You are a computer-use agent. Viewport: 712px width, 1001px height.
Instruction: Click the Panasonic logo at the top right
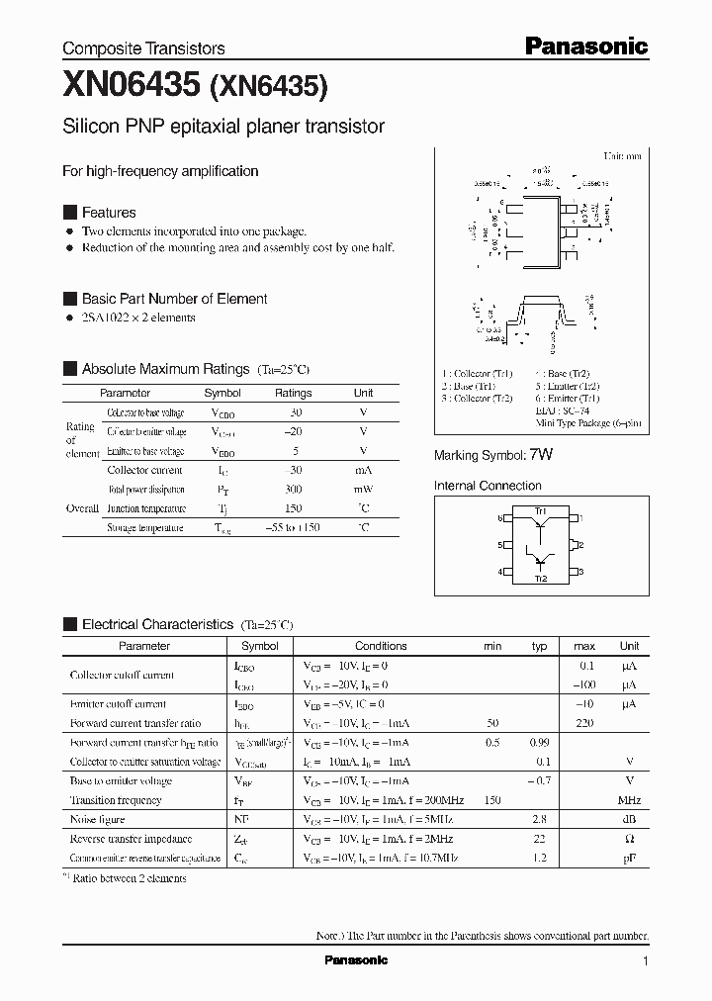pyautogui.click(x=585, y=45)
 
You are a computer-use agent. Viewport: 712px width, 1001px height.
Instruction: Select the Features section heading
pyautogui.click(x=108, y=213)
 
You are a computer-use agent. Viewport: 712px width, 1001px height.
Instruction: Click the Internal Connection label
pyautogui.click(x=488, y=486)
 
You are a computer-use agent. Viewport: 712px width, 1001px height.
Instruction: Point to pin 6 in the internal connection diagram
pyautogui.click(x=501, y=517)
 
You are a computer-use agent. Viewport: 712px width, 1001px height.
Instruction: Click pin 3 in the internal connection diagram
pyautogui.click(x=581, y=572)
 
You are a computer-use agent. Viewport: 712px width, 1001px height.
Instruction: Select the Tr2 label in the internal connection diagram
pyautogui.click(x=540, y=578)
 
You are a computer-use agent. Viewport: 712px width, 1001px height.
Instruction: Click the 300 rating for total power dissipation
pyautogui.click(x=293, y=490)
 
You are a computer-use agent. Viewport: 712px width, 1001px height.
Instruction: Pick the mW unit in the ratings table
pyautogui.click(x=363, y=490)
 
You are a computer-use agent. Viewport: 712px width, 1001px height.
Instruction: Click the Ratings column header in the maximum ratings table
pyautogui.click(x=293, y=393)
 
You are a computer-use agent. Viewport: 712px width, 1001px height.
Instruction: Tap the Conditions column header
pyautogui.click(x=381, y=646)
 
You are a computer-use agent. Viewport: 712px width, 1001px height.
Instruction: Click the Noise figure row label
pyautogui.click(x=97, y=820)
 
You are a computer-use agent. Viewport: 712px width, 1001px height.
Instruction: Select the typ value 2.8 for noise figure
pyautogui.click(x=539, y=820)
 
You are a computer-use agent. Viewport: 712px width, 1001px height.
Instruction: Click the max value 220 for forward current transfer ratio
pyautogui.click(x=584, y=724)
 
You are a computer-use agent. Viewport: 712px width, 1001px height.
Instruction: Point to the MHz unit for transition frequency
pyautogui.click(x=629, y=800)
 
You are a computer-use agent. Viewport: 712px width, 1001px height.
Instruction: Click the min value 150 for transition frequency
pyautogui.click(x=492, y=800)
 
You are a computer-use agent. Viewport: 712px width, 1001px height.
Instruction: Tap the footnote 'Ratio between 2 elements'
pyautogui.click(x=129, y=877)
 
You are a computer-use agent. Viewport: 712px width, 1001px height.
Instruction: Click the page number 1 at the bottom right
pyautogui.click(x=645, y=961)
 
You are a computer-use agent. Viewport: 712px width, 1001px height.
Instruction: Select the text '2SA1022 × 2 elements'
pyautogui.click(x=138, y=318)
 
